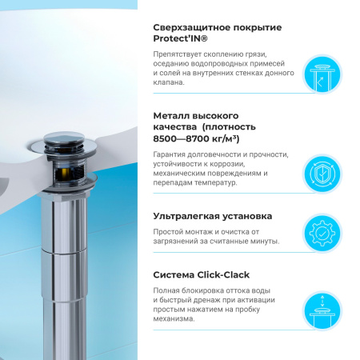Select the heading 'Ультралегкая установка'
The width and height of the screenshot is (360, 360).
(213, 216)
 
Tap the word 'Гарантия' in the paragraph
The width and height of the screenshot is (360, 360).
(174, 155)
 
